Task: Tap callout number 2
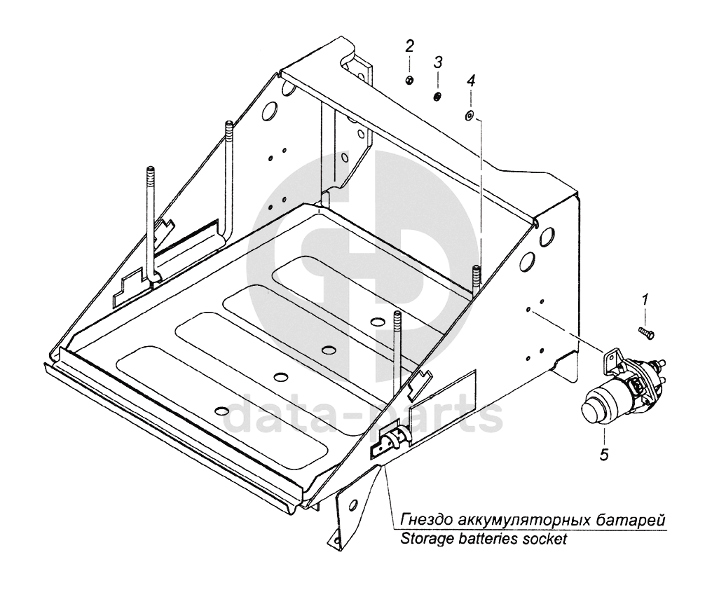point(409,47)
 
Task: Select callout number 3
point(437,62)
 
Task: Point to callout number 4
point(471,81)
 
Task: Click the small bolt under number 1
point(646,332)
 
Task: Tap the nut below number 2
point(408,80)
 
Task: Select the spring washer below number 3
point(437,96)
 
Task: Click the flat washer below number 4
point(470,114)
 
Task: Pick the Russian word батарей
point(634,521)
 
